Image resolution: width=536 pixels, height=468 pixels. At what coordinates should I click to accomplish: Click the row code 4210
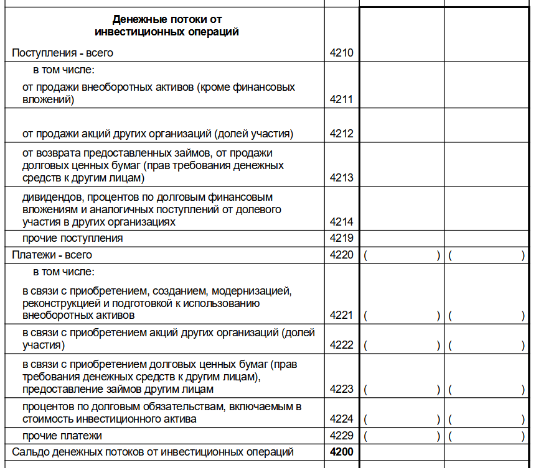pos(341,53)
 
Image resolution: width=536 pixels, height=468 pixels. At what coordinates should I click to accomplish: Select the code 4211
pos(341,99)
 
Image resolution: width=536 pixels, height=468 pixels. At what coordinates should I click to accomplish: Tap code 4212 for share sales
pos(341,134)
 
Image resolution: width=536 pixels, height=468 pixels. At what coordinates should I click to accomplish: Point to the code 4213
pos(341,178)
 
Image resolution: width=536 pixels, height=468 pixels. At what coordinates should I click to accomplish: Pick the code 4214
pos(341,222)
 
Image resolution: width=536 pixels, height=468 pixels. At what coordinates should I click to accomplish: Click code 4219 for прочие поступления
pos(341,238)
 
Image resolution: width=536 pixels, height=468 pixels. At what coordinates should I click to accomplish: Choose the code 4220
pos(341,255)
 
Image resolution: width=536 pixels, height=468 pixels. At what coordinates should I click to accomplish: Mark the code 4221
pos(341,316)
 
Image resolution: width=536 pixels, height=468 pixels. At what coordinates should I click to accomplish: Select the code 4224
pos(341,419)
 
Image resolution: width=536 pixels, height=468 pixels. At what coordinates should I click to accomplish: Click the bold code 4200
pos(341,452)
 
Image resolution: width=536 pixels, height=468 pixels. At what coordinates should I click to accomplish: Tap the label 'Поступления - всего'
pos(62,53)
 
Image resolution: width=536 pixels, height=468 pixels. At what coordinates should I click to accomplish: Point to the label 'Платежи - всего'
pos(52,255)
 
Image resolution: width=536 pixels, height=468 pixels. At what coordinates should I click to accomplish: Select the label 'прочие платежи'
pos(62,436)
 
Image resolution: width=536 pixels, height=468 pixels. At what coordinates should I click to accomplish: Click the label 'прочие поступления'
pos(72,238)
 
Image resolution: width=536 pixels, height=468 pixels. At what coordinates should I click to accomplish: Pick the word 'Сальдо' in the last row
pos(30,452)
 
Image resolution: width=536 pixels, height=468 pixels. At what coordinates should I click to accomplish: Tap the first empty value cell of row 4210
pos(402,53)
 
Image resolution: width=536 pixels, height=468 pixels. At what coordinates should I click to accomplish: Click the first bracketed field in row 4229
pos(402,436)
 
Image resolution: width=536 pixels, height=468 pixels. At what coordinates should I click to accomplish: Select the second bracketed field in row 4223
pos(486,390)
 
